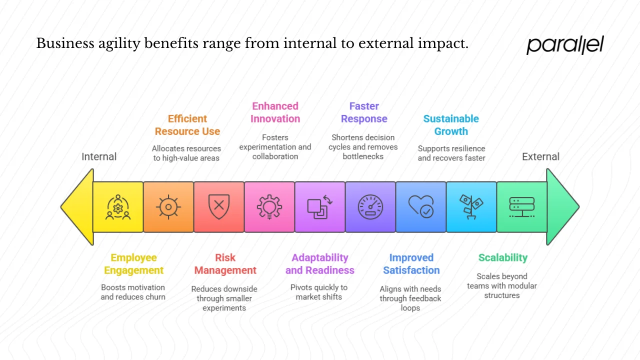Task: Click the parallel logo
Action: [x=565, y=44]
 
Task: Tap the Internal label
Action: [x=99, y=156]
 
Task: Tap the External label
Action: [x=540, y=156]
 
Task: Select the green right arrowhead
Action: [x=562, y=206]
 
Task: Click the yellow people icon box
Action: [x=118, y=206]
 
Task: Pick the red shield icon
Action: [x=219, y=206]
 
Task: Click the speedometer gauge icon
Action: [x=370, y=206]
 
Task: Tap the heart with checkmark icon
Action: [x=420, y=206]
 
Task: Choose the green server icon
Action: [x=521, y=206]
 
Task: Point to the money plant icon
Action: [x=471, y=206]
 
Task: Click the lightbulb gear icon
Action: [x=269, y=206]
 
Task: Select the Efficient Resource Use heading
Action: [x=187, y=125]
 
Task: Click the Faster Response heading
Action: [x=364, y=112]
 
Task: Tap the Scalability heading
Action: [x=502, y=257]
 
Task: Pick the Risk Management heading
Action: [x=225, y=264]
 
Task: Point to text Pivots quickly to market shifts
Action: [x=319, y=292]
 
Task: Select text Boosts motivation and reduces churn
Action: [x=133, y=292]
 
